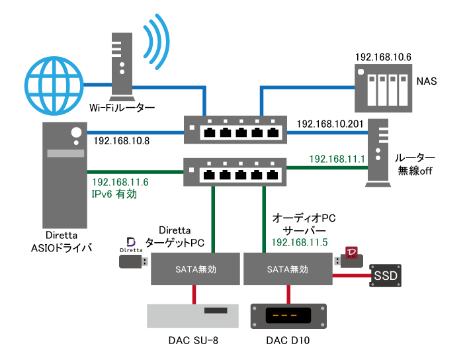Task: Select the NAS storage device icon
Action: click(x=380, y=89)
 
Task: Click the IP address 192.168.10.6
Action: click(x=383, y=58)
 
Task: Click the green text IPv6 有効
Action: click(x=120, y=194)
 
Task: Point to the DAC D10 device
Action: click(x=289, y=316)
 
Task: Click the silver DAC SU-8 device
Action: click(x=191, y=316)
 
